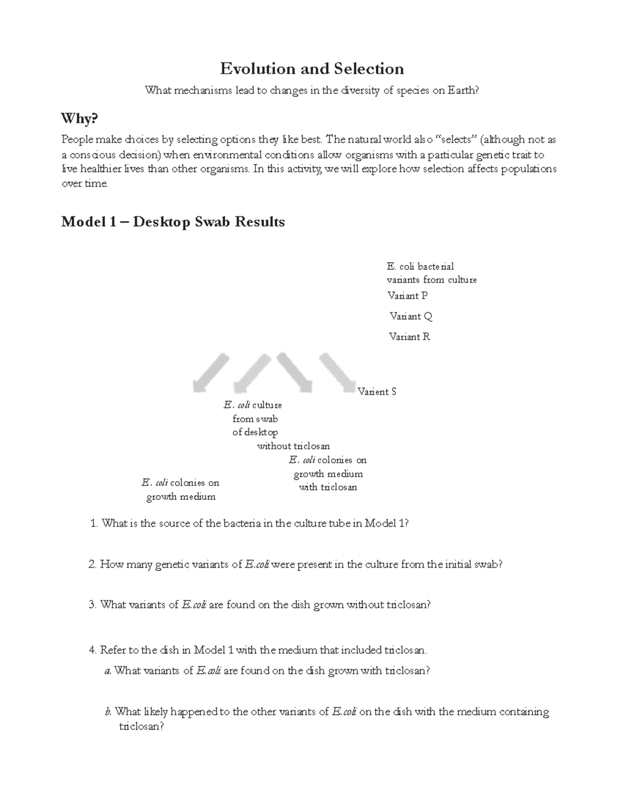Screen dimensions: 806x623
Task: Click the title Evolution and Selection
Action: click(x=311, y=69)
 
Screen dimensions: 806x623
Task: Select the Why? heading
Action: click(x=79, y=119)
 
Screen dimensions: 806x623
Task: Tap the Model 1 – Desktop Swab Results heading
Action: click(x=173, y=222)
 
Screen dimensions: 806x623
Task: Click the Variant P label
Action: click(x=408, y=295)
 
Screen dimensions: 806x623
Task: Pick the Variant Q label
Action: click(x=411, y=316)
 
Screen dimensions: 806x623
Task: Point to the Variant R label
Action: click(x=410, y=336)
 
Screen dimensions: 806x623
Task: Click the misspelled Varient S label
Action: click(x=377, y=391)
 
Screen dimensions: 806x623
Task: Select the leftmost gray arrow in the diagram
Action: click(x=210, y=372)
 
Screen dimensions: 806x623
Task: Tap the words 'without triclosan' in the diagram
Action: click(x=293, y=446)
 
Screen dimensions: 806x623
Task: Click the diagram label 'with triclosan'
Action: click(x=328, y=487)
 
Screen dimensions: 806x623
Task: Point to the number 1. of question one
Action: click(x=93, y=523)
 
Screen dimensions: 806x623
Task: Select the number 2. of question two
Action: click(x=93, y=564)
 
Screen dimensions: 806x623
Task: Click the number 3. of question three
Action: click(x=93, y=605)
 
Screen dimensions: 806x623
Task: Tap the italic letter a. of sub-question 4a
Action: click(x=108, y=671)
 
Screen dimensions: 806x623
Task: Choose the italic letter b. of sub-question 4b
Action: click(x=108, y=712)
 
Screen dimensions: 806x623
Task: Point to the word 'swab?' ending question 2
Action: click(x=489, y=564)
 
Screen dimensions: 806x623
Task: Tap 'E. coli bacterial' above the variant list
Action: click(x=420, y=266)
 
